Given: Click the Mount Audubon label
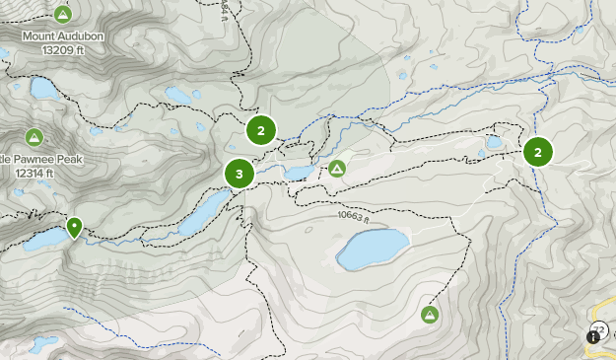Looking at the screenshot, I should click(65, 36).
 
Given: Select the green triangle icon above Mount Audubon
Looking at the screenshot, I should click(63, 14).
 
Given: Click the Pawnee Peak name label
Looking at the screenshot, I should click(43, 159).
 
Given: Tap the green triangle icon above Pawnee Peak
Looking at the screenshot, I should click(34, 136).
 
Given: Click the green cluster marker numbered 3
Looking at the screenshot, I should click(240, 174).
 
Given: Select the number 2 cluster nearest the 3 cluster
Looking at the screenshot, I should click(261, 130).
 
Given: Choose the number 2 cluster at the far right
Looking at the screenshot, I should click(538, 151).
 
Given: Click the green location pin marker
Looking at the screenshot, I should click(74, 228).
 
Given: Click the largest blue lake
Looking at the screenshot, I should click(373, 250).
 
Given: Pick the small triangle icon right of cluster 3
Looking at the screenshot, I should click(337, 169).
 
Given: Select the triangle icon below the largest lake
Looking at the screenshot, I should click(430, 315).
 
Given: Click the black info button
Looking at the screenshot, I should click(593, 336).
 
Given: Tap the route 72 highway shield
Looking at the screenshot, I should click(600, 329).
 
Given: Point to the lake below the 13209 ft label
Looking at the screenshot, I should click(45, 88).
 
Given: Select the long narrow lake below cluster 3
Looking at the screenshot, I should click(206, 209).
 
